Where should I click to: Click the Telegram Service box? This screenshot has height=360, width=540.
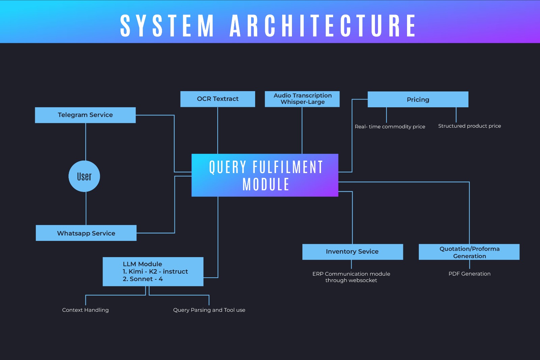85,115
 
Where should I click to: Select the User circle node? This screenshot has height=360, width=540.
84,176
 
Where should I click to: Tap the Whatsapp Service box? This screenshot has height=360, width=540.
86,233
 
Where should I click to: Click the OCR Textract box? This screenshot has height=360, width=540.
218,99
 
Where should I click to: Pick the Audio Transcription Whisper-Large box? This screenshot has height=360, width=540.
302,99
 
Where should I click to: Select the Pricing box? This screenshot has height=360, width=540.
418,100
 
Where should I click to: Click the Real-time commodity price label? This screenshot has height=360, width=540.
390,127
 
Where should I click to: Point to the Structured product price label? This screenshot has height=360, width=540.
469,126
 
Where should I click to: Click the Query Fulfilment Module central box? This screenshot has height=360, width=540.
265,175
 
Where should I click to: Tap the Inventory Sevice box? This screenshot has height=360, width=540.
352,252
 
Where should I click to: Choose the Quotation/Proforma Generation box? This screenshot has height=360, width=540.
469,252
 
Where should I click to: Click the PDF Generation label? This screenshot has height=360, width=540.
469,274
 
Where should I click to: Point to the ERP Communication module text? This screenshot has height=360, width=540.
351,277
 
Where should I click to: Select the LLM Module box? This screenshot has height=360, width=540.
153,272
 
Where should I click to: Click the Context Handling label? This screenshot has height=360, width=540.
85,310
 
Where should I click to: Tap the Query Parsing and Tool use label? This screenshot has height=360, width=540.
209,310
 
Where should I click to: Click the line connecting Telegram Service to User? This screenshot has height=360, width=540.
86,142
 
